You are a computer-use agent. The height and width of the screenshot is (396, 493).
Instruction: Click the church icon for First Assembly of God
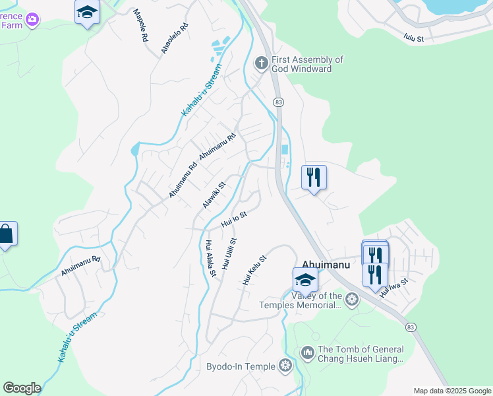tap(261, 63)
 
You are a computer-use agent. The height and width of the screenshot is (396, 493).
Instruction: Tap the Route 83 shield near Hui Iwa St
tap(411, 327)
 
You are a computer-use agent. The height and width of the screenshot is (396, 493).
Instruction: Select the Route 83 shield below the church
tap(279, 102)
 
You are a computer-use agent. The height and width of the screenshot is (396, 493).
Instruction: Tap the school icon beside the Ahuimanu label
tap(305, 280)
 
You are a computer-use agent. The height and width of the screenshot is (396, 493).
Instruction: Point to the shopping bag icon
tap(5, 234)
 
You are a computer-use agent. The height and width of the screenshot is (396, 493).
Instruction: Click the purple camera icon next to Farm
tap(32, 20)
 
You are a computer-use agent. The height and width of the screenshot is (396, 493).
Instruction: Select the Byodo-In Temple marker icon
tap(285, 365)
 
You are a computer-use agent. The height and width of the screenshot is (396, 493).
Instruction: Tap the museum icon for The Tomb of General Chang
tap(307, 354)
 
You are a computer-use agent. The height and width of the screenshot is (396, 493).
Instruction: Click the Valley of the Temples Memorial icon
tap(352, 300)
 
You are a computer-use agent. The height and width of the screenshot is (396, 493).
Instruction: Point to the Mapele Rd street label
tap(140, 26)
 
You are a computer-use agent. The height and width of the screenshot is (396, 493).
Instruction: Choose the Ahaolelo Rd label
tap(175, 38)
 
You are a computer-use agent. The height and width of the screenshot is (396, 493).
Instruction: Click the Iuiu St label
tap(415, 34)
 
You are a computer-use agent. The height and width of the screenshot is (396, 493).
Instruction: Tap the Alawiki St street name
tap(214, 195)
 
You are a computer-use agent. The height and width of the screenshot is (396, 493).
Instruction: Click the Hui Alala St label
tap(210, 258)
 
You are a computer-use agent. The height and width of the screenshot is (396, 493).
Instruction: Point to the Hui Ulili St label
tap(229, 254)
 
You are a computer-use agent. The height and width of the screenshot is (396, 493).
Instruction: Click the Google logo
tap(22, 388)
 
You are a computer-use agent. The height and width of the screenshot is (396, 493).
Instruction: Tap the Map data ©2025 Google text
tap(452, 391)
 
